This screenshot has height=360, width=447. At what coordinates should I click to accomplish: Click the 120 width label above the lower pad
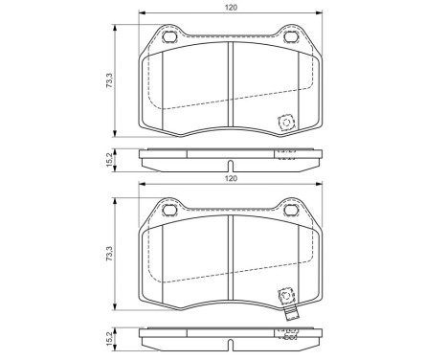pyautogui.click(x=231, y=178)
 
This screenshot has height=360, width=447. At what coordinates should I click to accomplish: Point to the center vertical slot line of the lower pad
pyautogui.click(x=230, y=259)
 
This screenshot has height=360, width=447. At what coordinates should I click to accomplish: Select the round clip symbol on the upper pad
pyautogui.click(x=283, y=123)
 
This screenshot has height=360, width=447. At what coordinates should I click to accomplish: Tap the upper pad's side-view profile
pyautogui.click(x=230, y=156)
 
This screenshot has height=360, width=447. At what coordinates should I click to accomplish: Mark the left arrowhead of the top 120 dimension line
pyautogui.click(x=141, y=13)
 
